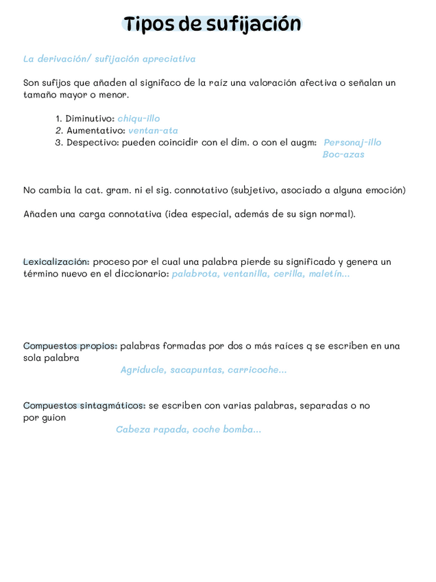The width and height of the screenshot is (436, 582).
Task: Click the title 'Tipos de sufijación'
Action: click(213, 24)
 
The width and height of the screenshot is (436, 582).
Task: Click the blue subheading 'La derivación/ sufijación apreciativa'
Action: click(109, 60)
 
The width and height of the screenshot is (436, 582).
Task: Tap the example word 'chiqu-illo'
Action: click(138, 119)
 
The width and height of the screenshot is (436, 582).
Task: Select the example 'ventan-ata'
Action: click(153, 130)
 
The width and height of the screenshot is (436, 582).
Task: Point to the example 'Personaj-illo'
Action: click(352, 143)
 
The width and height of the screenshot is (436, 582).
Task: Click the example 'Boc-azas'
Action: click(343, 154)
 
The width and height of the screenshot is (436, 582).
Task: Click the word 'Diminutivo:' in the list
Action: click(90, 119)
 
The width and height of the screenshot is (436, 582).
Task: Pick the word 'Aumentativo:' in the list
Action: click(95, 130)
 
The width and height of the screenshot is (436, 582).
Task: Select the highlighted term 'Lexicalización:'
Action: click(56, 261)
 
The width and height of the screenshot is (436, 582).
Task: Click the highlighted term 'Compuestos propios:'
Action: click(70, 346)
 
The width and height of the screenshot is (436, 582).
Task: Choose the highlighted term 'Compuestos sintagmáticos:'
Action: click(84, 406)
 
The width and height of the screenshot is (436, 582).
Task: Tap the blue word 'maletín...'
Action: click(329, 274)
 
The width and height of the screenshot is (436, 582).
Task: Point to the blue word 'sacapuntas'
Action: click(196, 370)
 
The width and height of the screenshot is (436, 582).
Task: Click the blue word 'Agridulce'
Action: click(143, 370)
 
